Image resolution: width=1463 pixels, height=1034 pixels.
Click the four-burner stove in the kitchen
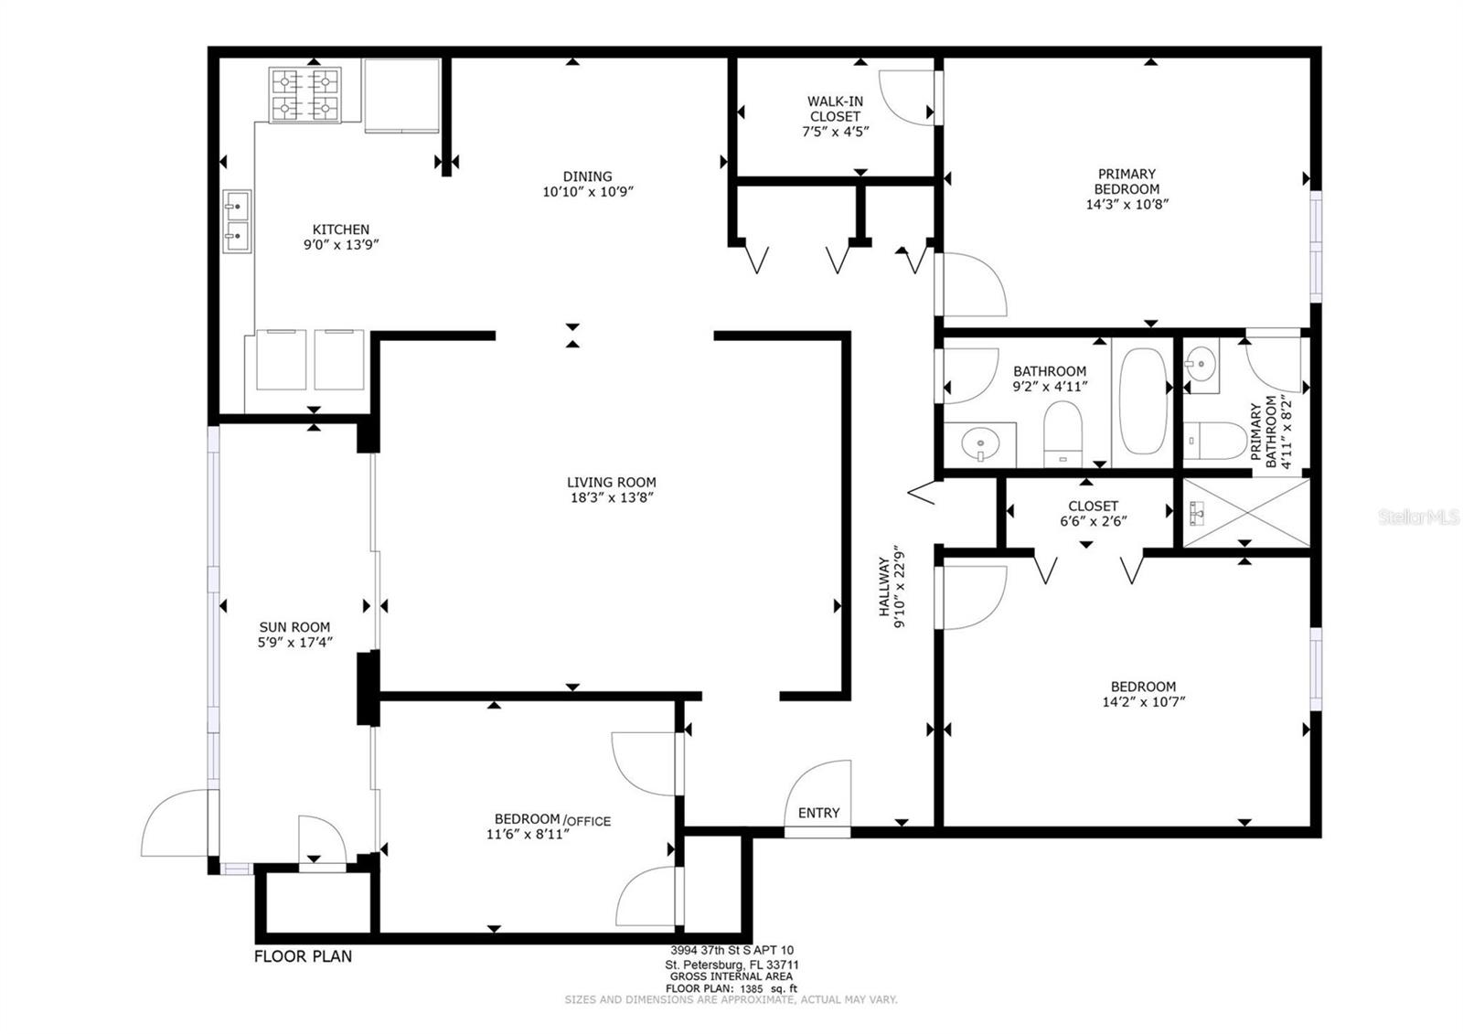305,95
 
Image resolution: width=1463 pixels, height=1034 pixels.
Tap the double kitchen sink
237,221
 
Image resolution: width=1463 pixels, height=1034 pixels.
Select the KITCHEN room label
341,229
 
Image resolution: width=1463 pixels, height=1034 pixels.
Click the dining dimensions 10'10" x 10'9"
588,192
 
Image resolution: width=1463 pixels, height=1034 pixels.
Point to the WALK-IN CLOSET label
836,109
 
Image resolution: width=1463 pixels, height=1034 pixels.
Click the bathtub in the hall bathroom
1143,401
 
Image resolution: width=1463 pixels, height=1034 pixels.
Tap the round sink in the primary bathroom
1201,364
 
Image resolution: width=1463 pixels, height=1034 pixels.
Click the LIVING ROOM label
612,482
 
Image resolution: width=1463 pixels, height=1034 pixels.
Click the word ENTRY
818,813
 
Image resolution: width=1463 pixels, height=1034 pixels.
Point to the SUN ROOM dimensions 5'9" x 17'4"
295,643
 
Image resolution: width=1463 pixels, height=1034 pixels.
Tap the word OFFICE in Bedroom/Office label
589,821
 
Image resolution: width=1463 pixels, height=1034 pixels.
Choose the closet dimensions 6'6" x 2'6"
1094,521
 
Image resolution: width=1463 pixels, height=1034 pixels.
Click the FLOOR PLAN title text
303,956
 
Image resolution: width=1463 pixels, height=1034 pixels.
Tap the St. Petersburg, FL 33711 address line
731,965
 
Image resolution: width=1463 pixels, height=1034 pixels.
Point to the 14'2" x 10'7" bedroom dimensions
1143,702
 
